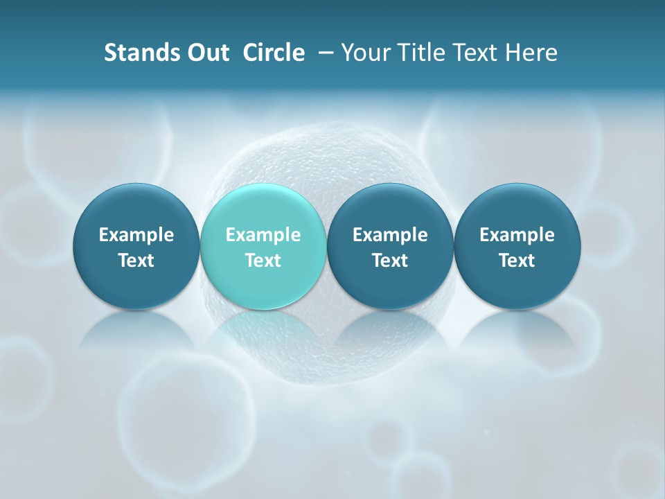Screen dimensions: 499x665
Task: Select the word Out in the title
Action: coord(206,53)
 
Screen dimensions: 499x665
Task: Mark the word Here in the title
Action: coord(533,53)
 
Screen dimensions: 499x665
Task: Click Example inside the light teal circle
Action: coord(263,235)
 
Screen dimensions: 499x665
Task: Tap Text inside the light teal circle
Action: coord(263,261)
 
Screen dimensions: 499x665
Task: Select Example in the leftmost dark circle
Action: coord(136,235)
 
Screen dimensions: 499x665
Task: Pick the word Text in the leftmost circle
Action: coord(136,261)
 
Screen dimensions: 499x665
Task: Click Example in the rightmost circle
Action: coord(517,235)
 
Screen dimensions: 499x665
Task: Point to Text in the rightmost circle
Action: coord(517,261)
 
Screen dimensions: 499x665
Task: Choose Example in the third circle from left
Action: coord(390,235)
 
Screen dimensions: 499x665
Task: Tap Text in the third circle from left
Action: coord(390,261)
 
